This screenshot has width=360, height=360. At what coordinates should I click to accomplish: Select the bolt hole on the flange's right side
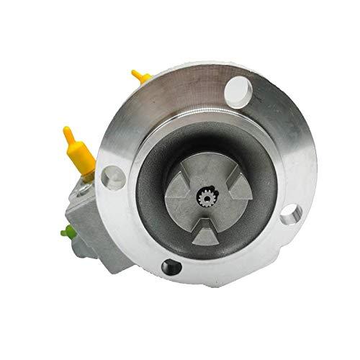coord(289,214)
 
